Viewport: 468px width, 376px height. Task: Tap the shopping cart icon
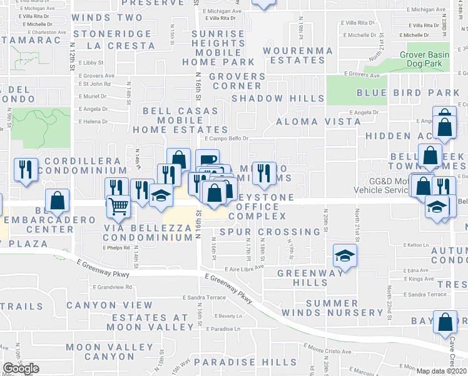117,205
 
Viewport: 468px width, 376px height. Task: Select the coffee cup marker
207,160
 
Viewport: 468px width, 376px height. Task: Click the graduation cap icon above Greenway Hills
343,255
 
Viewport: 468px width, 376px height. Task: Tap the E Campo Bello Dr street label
227,138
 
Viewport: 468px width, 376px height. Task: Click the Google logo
21,368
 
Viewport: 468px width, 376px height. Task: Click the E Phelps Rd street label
116,247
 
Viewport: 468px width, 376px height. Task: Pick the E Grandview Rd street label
112,287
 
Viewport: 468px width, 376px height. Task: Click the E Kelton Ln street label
416,244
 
